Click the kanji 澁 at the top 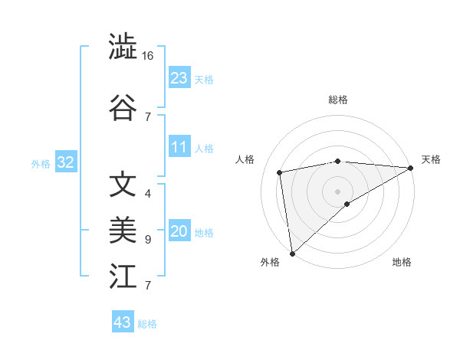tap(123, 47)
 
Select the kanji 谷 tap(123, 107)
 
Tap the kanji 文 tap(123, 185)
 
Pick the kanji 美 tap(123, 229)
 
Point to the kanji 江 tap(123, 275)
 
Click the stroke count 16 tap(148, 56)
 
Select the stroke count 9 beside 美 tap(148, 239)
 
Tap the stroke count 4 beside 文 tap(148, 194)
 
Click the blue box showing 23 tap(179, 78)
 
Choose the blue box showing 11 tap(179, 147)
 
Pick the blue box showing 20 tap(179, 231)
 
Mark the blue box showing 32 tap(65, 162)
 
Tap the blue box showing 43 tap(122, 322)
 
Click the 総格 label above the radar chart tap(338, 100)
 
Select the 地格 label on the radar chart tap(402, 262)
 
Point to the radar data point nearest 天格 tap(411, 168)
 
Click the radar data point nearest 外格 tap(292, 253)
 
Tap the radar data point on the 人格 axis tap(280, 172)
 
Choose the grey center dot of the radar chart tap(337, 191)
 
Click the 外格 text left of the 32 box tap(41, 163)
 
